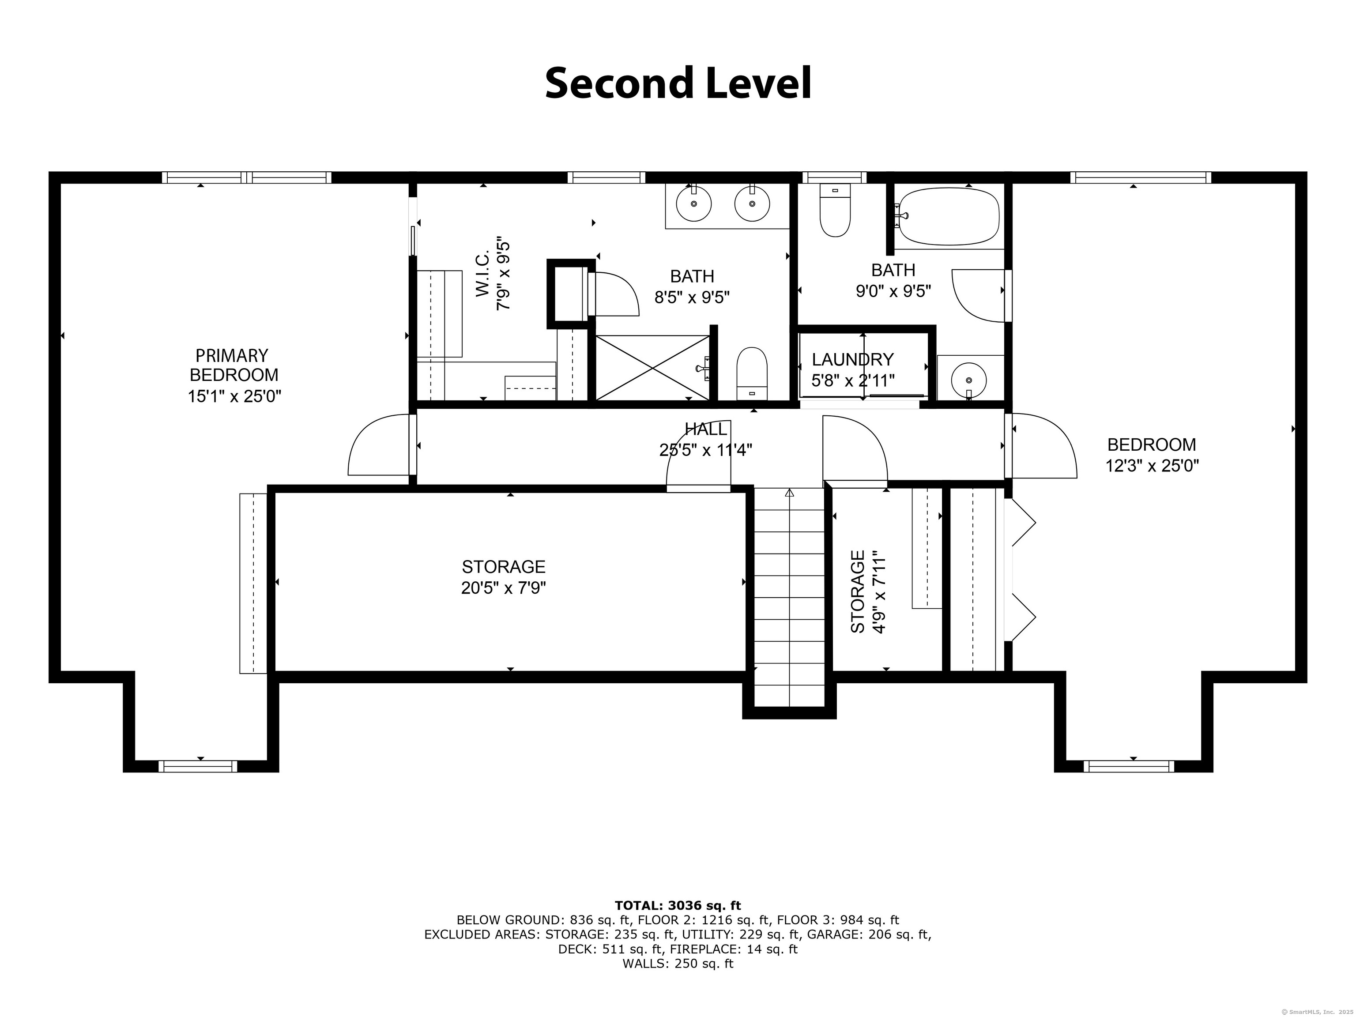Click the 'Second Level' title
(x=678, y=84)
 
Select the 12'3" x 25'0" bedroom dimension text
(x=1152, y=466)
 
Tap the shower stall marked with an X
(x=652, y=368)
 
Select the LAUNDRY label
(x=853, y=359)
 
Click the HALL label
(x=705, y=429)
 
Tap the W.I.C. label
(x=483, y=273)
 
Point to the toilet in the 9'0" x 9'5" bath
(x=835, y=211)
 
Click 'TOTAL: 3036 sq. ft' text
(x=678, y=905)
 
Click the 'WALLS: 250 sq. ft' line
(x=678, y=964)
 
